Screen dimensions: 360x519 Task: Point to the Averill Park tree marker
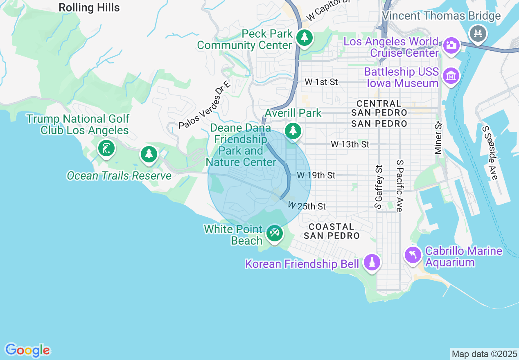293,131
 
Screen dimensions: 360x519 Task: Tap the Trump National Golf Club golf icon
106,148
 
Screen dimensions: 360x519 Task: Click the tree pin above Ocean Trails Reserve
149,154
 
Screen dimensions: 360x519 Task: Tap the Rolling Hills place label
89,7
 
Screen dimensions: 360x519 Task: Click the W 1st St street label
321,82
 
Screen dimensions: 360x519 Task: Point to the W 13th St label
350,144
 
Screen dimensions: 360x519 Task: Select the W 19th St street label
316,175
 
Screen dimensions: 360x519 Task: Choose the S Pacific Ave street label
399,186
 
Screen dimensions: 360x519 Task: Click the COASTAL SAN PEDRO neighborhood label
332,231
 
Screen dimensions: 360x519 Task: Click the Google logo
27,351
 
